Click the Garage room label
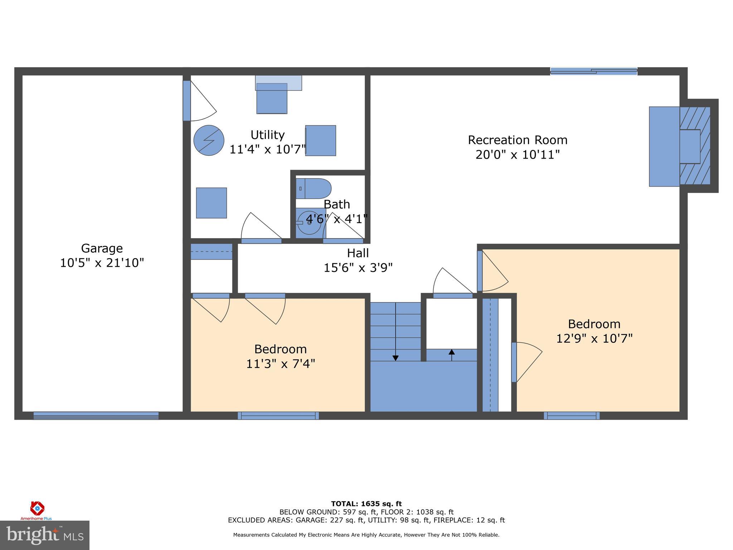102,248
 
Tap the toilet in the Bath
313,188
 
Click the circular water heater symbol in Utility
209,140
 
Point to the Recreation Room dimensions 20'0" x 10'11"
518,155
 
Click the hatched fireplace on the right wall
695,146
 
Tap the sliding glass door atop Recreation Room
593,71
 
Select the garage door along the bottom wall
96,415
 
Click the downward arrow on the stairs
395,357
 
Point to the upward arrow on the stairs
451,352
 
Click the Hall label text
358,253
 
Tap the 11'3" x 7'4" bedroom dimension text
280,364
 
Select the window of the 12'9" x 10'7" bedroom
572,415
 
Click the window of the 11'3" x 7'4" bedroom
278,415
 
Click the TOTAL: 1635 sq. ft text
366,504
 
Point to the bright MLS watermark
44,535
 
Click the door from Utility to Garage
187,101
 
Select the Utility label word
267,135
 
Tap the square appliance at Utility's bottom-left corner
211,203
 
